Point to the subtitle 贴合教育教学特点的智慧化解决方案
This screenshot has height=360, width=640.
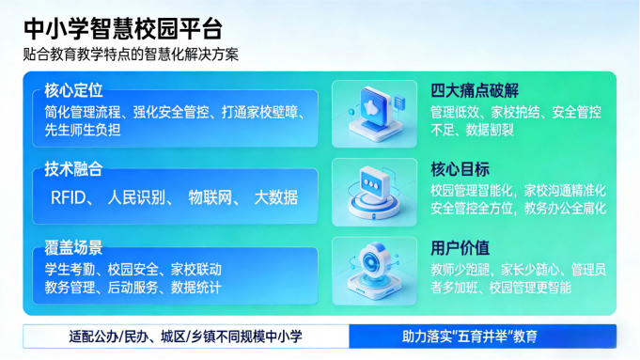coord(131,54)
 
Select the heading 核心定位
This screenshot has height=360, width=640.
coord(73,91)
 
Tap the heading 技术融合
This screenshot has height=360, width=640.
coord(73,169)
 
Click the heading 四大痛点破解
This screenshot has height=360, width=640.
coord(475,91)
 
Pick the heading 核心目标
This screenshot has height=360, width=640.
coord(460,170)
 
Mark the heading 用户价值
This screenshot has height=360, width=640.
coord(460,248)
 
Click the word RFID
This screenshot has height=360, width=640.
coord(71,197)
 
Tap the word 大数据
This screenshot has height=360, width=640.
coord(276,197)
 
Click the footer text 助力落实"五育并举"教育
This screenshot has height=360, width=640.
coord(482,336)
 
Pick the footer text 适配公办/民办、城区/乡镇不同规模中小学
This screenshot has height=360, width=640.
coord(186,336)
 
